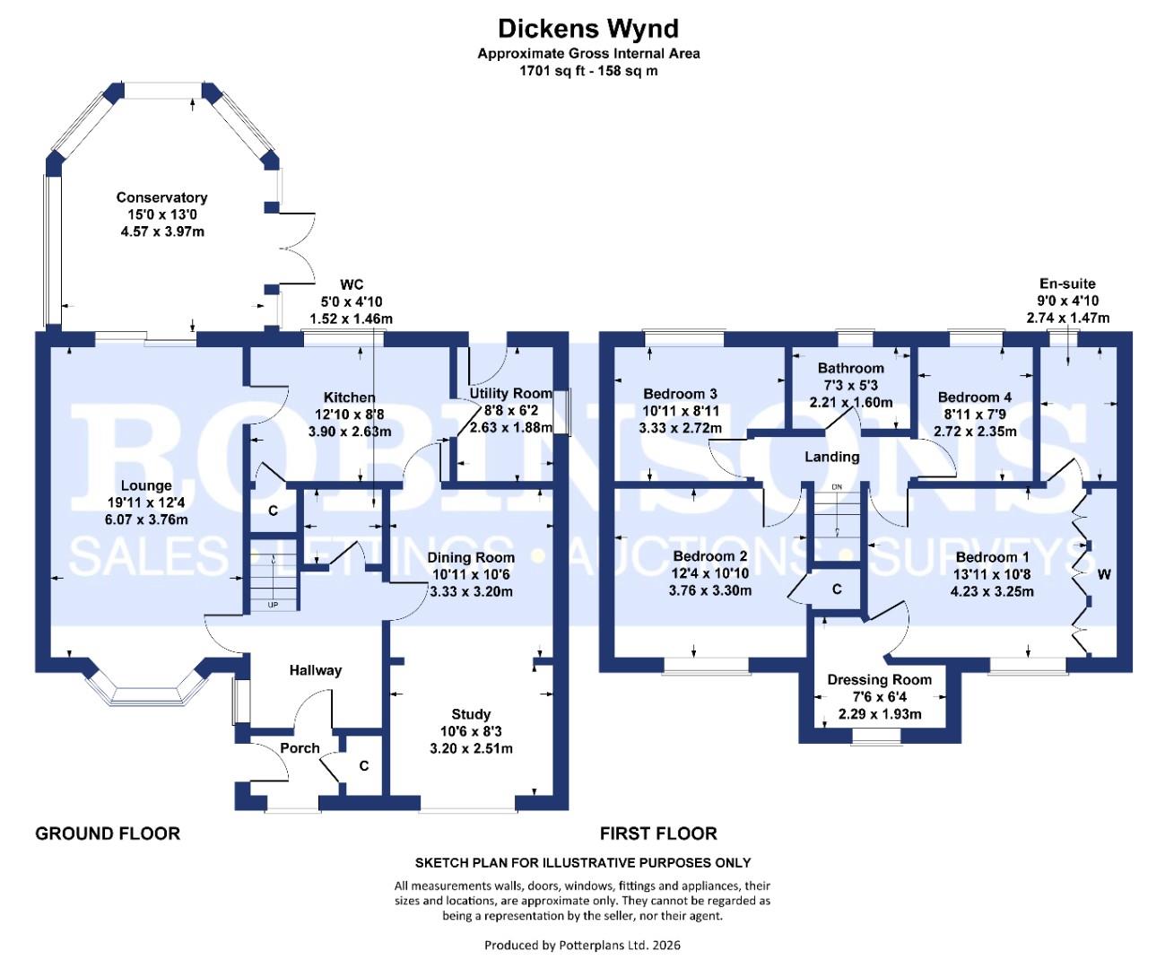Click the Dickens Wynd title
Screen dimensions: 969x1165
pyautogui.click(x=588, y=29)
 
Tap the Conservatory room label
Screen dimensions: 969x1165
pyautogui.click(x=161, y=197)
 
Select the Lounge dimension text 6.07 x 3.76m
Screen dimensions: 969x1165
pyautogui.click(x=146, y=519)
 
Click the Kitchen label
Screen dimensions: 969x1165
pyautogui.click(x=350, y=397)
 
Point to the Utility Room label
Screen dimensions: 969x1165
pyautogui.click(x=511, y=393)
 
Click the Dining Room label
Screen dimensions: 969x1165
pyautogui.click(x=471, y=558)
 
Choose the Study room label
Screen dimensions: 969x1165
pyautogui.click(x=471, y=714)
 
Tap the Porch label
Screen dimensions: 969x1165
pyautogui.click(x=300, y=748)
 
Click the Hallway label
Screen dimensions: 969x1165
pyautogui.click(x=315, y=670)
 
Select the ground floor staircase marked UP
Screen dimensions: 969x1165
pyautogui.click(x=272, y=580)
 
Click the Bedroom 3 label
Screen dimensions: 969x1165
pyautogui.click(x=680, y=394)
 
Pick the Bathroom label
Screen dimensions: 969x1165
pyautogui.click(x=850, y=368)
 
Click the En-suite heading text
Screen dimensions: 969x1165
pyautogui.click(x=1067, y=284)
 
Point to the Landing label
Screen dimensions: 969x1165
pyautogui.click(x=831, y=457)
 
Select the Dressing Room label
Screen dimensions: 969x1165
pyautogui.click(x=879, y=680)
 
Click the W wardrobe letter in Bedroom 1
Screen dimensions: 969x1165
pyautogui.click(x=1104, y=574)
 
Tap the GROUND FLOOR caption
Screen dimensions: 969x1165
pyautogui.click(x=108, y=834)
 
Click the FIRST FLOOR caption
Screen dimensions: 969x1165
pyautogui.click(x=658, y=834)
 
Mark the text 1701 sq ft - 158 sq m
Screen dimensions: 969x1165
pyautogui.click(x=588, y=70)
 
